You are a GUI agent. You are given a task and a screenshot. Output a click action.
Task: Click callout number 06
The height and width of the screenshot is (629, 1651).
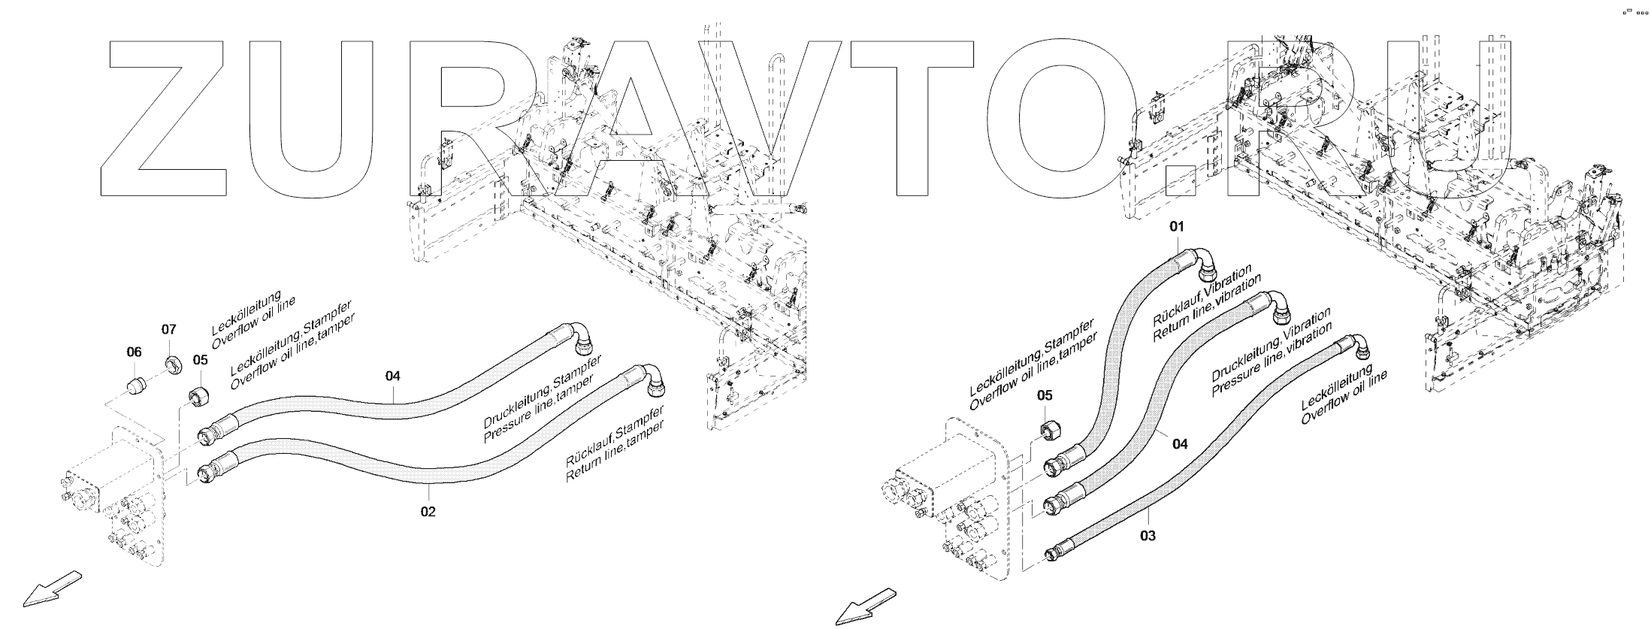tap(134, 351)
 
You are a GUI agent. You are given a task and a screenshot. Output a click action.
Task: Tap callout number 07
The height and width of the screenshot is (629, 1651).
tap(169, 329)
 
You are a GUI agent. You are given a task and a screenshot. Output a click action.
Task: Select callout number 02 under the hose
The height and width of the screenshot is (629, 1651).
tap(428, 511)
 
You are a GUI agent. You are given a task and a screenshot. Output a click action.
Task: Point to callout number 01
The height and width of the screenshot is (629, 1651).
tap(1176, 226)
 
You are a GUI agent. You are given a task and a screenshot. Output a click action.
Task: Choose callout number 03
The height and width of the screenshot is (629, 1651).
tap(1148, 535)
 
